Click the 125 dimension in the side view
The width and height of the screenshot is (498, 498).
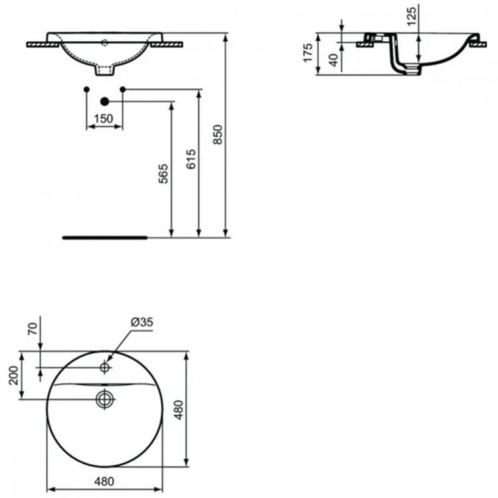[412, 15]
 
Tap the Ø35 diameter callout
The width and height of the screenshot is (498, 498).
[142, 322]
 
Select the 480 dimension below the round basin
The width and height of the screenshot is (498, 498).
[104, 482]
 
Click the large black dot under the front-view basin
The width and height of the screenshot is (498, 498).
[104, 101]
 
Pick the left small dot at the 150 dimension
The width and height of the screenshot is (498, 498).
[86, 89]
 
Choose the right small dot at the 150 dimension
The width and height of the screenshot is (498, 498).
[122, 89]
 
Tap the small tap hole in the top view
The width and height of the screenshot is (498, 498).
[105, 367]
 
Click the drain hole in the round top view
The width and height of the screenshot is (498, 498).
[104, 398]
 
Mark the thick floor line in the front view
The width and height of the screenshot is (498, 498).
[104, 236]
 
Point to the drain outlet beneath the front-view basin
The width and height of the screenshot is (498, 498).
[105, 69]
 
